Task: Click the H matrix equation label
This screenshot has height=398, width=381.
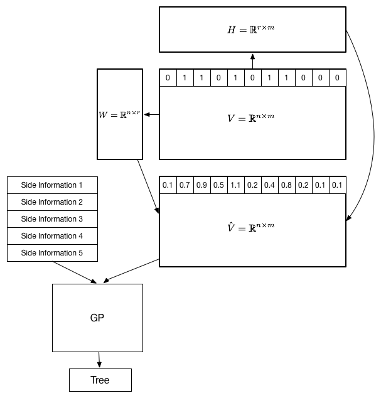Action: pos(252,30)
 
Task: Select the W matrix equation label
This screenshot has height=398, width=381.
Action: pos(119,114)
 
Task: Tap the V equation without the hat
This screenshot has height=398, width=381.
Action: pos(252,117)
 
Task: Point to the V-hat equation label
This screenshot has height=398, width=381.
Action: pos(252,227)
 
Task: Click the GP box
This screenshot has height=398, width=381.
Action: pos(97,318)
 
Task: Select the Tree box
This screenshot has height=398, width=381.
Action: pos(100,380)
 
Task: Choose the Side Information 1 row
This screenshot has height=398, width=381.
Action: pos(52,185)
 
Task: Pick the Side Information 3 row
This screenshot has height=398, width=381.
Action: pos(52,219)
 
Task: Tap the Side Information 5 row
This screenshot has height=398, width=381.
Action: pos(52,253)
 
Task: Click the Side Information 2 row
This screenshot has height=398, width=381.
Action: pos(52,202)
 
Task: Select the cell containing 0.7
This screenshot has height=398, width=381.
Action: pos(185,185)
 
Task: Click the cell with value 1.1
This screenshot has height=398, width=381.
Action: pos(235,185)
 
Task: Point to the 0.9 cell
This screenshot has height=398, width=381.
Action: pos(201,185)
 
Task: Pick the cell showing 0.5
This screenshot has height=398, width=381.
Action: pos(218,185)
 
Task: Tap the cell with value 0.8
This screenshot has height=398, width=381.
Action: pos(286,185)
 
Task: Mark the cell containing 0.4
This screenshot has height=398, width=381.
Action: pos(269,185)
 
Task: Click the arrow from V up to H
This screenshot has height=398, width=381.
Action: pos(252,61)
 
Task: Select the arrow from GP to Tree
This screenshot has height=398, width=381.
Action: pos(99,360)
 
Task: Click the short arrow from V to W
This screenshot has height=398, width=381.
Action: pos(152,114)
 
